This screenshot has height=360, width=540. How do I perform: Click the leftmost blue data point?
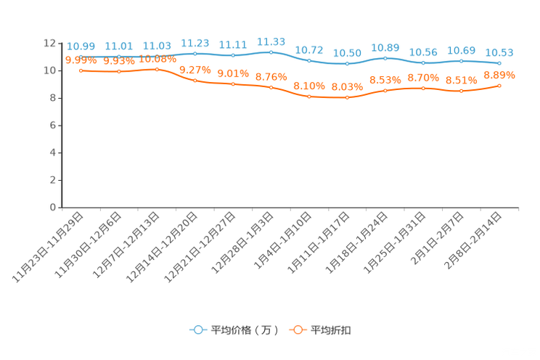pyautogui.click(x=81, y=56)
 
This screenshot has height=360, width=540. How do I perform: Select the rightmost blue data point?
pyautogui.click(x=499, y=63)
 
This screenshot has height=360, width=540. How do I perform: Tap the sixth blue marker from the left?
pyautogui.click(x=271, y=52)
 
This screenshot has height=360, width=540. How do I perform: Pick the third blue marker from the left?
pyautogui.click(x=157, y=54)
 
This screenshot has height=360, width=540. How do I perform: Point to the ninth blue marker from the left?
pyautogui.click(x=385, y=57)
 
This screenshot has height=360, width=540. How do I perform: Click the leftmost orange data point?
pyautogui.click(x=81, y=70)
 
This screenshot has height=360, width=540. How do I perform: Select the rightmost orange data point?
pyautogui.click(x=499, y=85)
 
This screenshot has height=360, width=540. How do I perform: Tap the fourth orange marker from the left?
pyautogui.click(x=195, y=80)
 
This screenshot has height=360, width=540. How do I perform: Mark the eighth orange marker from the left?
pyautogui.click(x=347, y=97)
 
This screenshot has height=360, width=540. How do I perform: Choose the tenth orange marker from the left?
pyautogui.click(x=423, y=88)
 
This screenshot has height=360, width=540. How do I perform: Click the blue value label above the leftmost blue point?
pyautogui.click(x=81, y=46)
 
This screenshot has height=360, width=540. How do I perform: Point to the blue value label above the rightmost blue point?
pyautogui.click(x=499, y=53)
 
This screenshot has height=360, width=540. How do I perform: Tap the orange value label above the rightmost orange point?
pyautogui.click(x=499, y=74)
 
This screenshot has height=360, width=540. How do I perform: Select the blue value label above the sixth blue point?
pyautogui.click(x=271, y=41)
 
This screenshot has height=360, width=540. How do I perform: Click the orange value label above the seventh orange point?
pyautogui.click(x=309, y=86)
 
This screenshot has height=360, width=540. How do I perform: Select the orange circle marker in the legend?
pyautogui.click(x=297, y=330)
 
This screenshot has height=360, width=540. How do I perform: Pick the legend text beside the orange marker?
pyautogui.click(x=331, y=330)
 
